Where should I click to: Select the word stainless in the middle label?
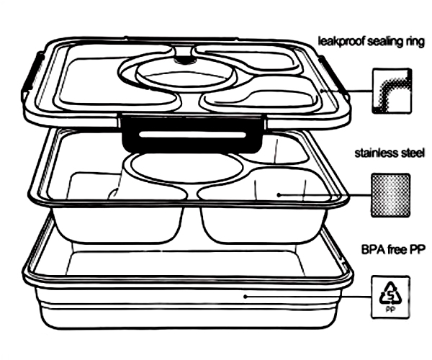375,153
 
